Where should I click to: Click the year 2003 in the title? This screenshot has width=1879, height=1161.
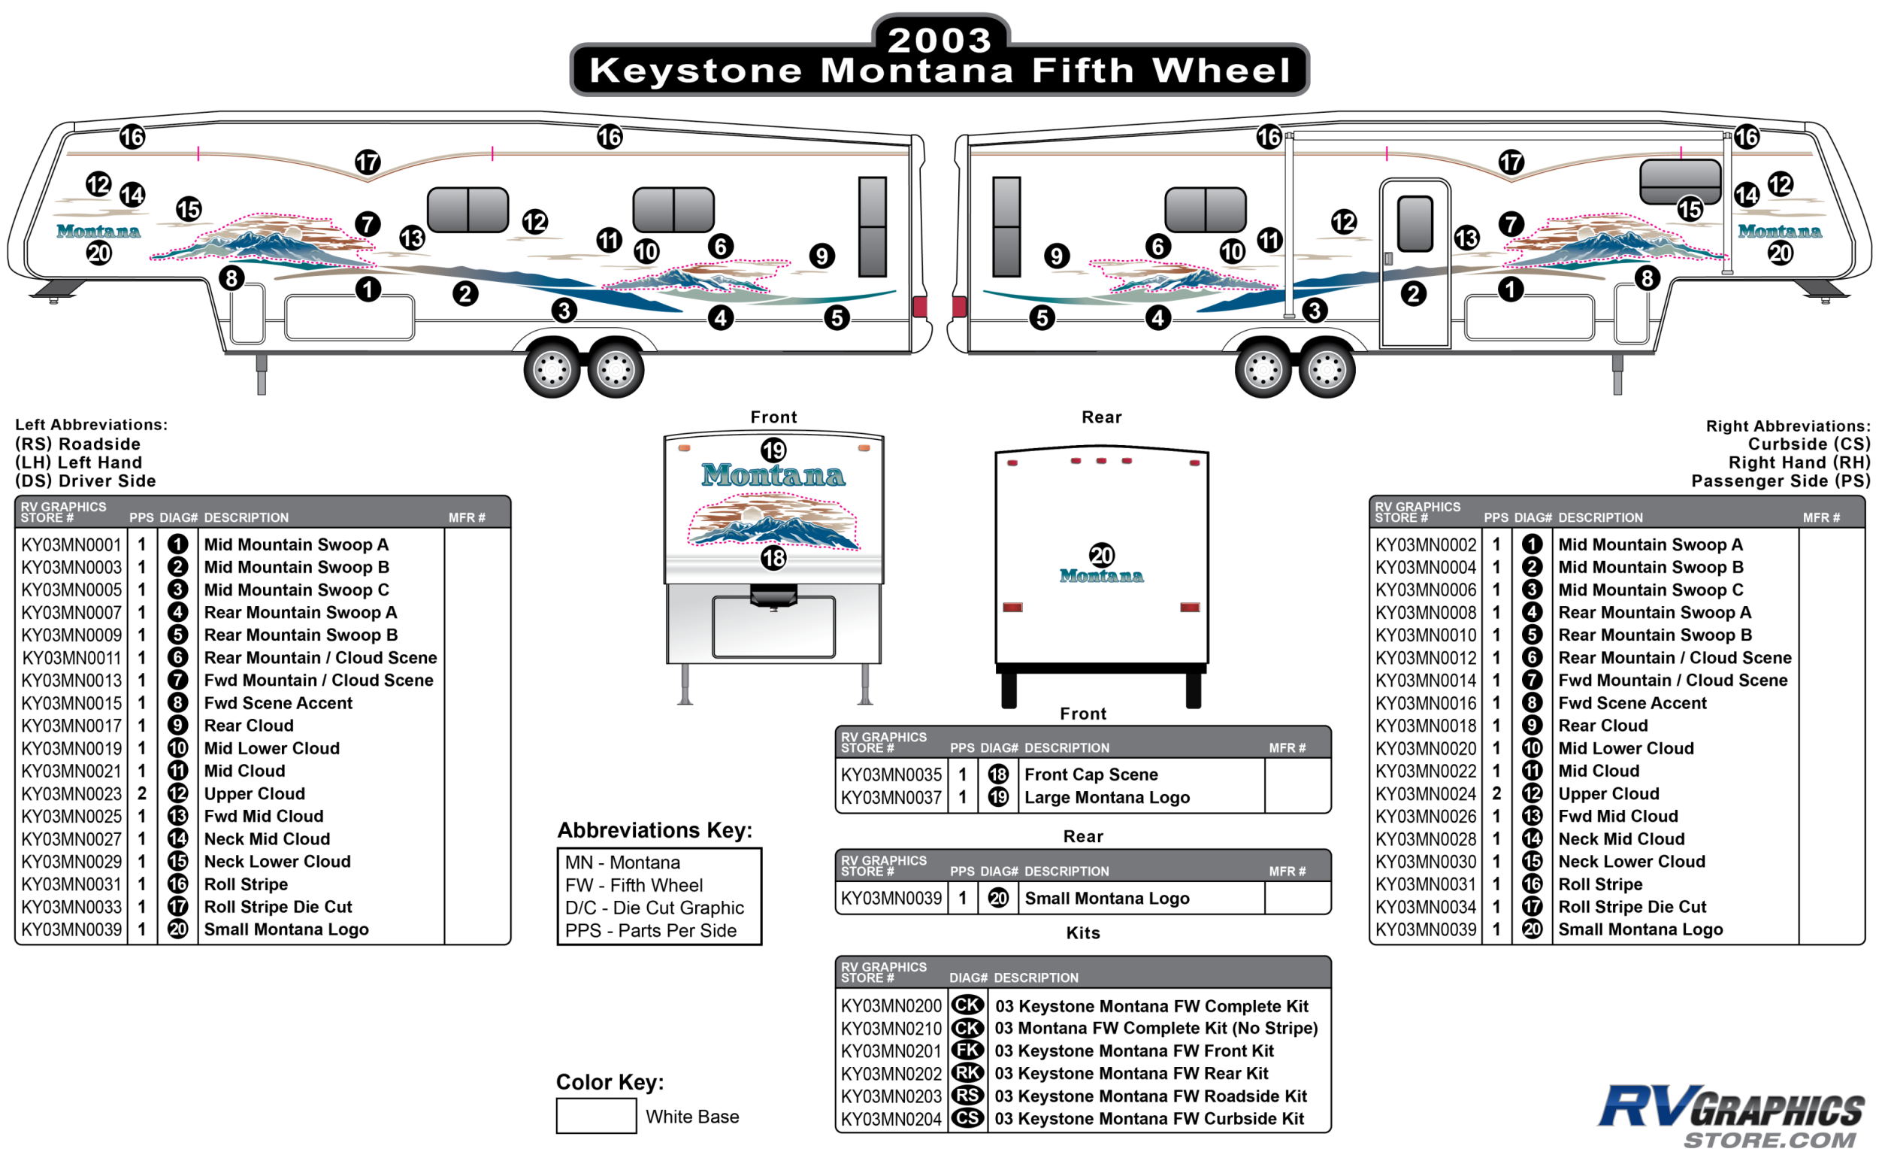coord(939,40)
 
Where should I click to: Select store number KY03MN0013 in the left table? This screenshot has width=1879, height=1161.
coord(71,681)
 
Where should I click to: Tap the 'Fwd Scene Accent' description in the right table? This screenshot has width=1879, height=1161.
coord(1632,702)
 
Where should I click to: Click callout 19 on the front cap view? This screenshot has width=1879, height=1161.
coord(773,450)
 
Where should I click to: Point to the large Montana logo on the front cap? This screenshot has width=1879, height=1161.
coord(773,475)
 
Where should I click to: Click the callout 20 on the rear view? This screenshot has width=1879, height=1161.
coord(1101,555)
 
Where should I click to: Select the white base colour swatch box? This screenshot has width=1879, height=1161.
coord(595,1116)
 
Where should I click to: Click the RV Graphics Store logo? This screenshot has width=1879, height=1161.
coord(1731,1116)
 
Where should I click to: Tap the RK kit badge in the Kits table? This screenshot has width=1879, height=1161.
coord(967,1073)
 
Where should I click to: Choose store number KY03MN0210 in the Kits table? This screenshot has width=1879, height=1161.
coord(891,1028)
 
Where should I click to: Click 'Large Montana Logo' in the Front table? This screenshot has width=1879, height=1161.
coord(1106,797)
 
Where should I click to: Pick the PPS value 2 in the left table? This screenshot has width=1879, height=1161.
coord(142,793)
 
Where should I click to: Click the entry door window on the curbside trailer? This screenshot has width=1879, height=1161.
coord(1415,223)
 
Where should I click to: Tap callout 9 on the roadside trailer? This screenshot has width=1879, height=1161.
coord(821,256)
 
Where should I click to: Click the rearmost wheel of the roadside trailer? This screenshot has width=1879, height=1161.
coord(616,371)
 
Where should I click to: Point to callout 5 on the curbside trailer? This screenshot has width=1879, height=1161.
coord(1042,317)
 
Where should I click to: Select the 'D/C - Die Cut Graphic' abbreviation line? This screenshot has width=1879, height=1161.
coord(654,908)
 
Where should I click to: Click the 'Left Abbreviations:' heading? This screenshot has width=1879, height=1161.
coord(92,425)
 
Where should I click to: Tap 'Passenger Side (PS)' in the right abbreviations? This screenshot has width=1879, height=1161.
coord(1780,480)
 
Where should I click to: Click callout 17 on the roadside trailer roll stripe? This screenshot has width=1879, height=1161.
coord(368,162)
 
